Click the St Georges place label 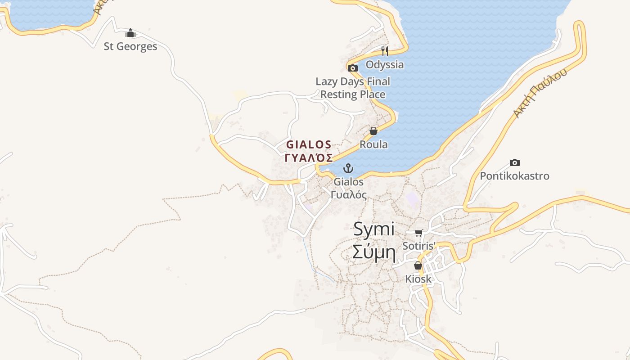(x=130, y=46)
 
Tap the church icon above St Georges (x=130, y=33)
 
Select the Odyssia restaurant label (x=385, y=64)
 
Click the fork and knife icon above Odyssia (x=385, y=51)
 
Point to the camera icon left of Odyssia (x=353, y=68)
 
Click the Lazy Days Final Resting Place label (x=353, y=88)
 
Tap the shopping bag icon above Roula (x=373, y=131)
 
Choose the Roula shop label (x=373, y=144)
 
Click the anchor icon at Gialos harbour (x=348, y=169)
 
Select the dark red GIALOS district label (x=309, y=144)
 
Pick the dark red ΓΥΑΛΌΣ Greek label (x=309, y=158)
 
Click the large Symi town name (x=374, y=229)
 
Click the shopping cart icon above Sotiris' (x=419, y=233)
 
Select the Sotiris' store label (x=419, y=246)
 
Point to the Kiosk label (x=418, y=279)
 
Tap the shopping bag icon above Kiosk (x=418, y=265)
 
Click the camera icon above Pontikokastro (x=515, y=162)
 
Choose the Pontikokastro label (x=515, y=176)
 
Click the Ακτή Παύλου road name (x=540, y=94)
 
